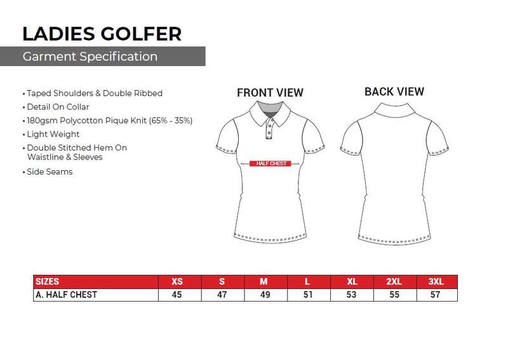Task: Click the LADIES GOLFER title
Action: click(102, 34)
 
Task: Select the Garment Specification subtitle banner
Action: click(102, 57)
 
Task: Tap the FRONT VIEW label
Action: click(270, 93)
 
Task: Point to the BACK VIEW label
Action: click(394, 91)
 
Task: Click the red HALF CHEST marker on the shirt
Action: click(271, 163)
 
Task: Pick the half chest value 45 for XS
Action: click(177, 295)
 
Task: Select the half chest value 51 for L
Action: click(308, 295)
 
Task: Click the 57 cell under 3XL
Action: click(435, 295)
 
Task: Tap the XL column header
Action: click(352, 281)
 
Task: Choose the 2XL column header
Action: click(394, 281)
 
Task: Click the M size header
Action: click(264, 281)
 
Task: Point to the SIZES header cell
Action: click(47, 281)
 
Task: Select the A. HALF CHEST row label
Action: click(67, 295)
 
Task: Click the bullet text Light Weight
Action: click(53, 134)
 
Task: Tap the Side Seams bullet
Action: click(50, 171)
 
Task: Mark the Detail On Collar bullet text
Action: click(58, 107)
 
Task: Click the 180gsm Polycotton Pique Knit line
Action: click(109, 121)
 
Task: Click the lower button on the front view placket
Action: click(269, 133)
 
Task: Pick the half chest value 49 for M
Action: click(265, 295)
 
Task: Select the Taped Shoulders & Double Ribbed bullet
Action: click(95, 93)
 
